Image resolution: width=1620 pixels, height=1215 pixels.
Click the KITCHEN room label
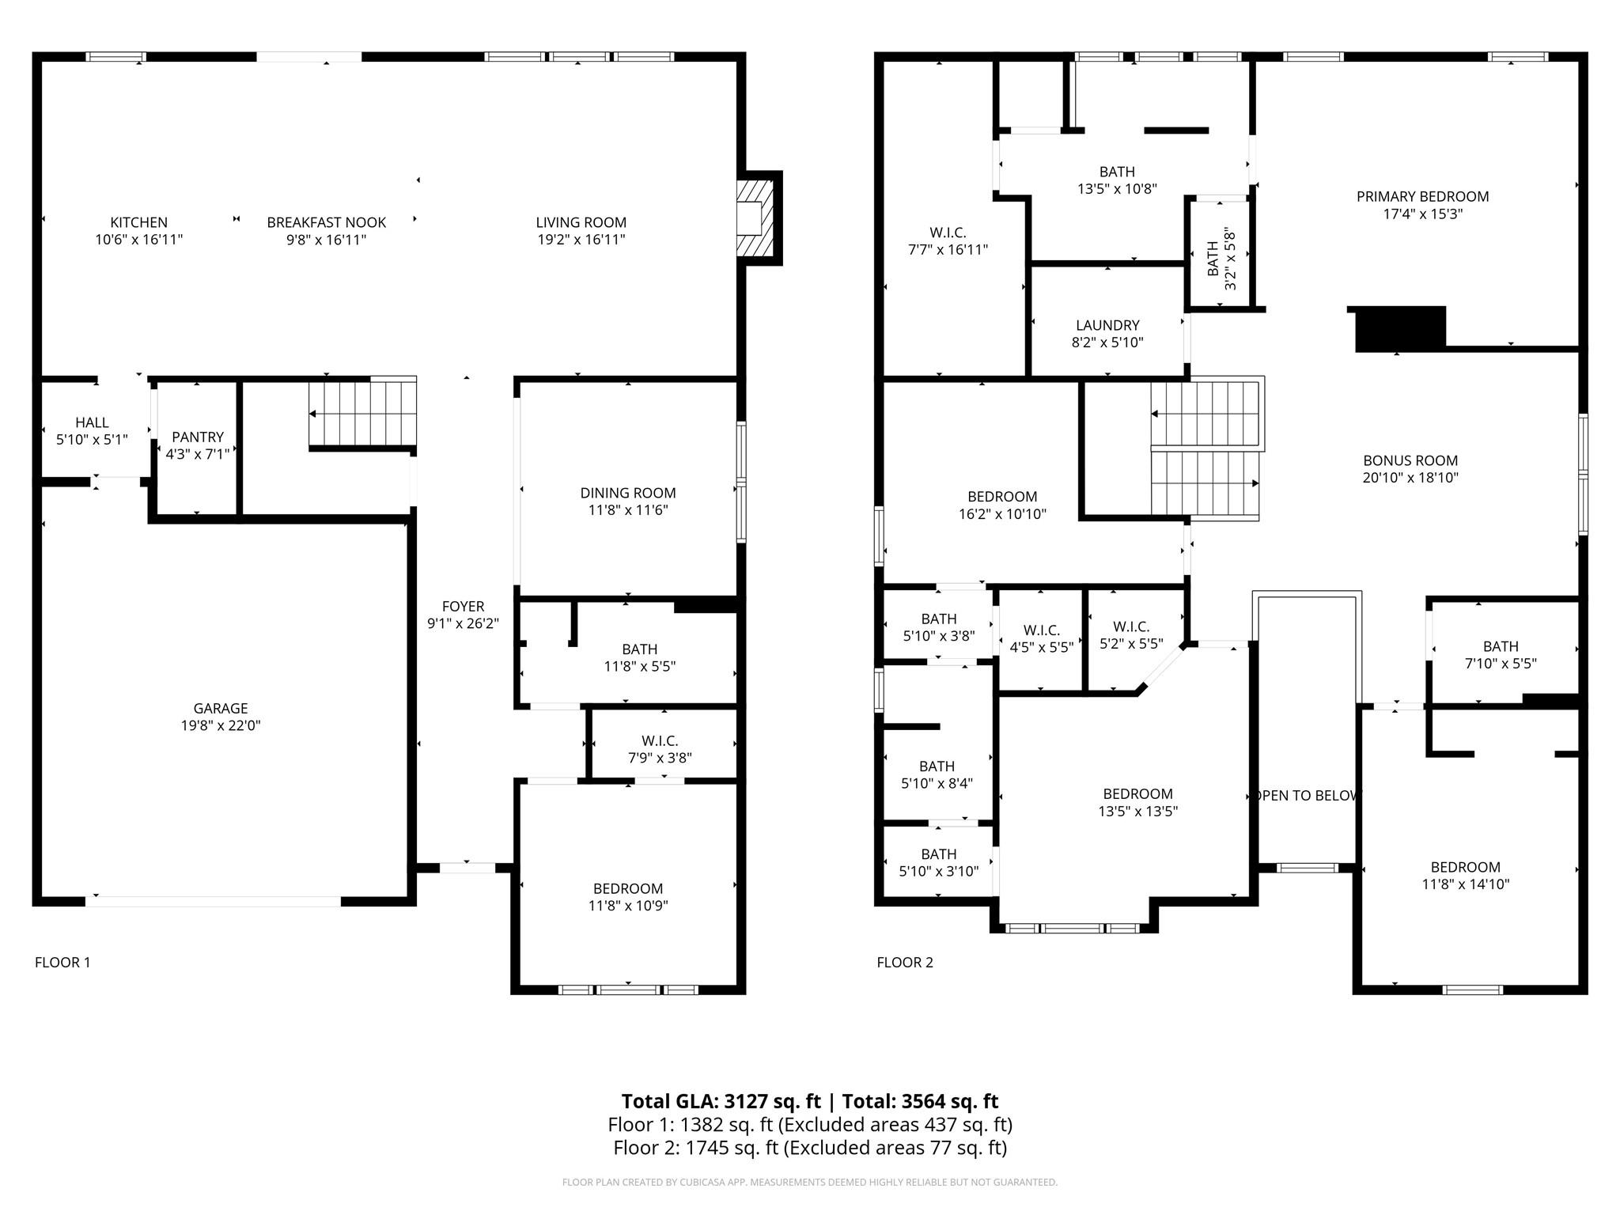pos(138,223)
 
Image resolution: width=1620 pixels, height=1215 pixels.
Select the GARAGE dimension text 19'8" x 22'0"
pos(221,725)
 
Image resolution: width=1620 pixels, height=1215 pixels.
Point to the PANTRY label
pos(198,437)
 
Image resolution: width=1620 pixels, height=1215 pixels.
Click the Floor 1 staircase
pos(362,413)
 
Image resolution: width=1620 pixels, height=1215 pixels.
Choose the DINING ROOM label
pos(628,493)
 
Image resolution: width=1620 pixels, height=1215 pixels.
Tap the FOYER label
pos(463,607)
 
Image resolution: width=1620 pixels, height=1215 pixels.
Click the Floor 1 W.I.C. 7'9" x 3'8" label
pos(660,741)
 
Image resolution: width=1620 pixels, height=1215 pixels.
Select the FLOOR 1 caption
pos(62,963)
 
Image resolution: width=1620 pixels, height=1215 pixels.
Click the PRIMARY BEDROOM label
pos(1422,197)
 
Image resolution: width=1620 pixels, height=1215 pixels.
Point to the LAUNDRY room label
pos(1107,325)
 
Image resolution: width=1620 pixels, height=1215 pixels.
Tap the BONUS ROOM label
pos(1410,460)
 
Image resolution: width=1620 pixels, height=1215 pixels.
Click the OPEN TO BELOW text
pos(1307,796)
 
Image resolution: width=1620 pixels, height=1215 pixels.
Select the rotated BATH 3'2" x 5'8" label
pos(1221,259)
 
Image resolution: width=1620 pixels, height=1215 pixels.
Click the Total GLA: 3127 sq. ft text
pos(721,1101)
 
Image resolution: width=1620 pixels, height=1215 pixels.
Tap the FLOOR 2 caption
pos(904,963)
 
